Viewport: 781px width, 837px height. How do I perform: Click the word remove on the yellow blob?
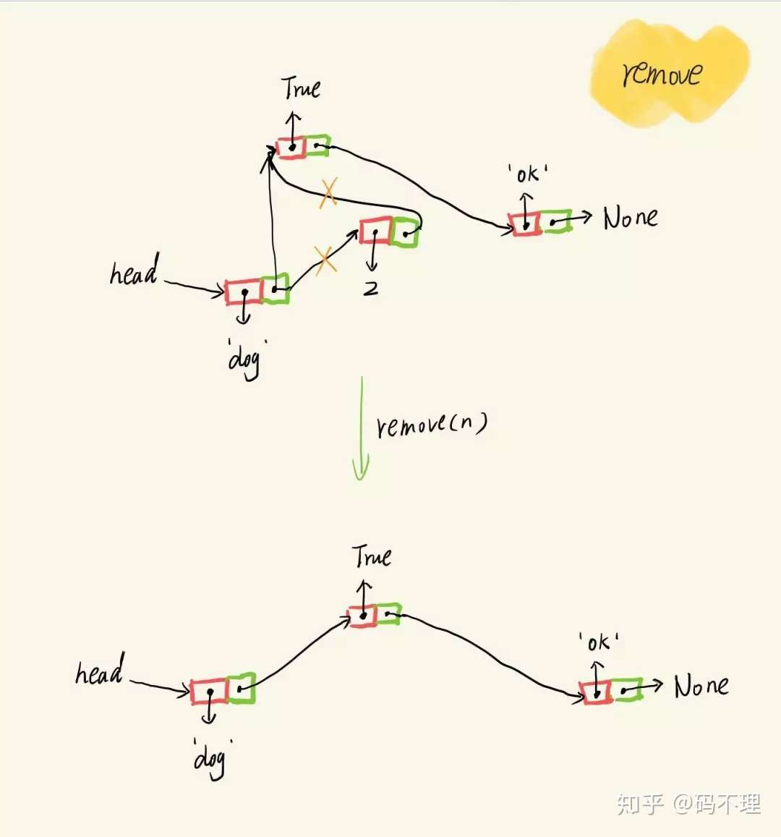[x=661, y=74]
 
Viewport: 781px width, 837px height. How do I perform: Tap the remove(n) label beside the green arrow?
[x=432, y=424]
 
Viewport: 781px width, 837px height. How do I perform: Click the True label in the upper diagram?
[x=301, y=88]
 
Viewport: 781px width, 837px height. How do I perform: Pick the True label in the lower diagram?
[x=372, y=556]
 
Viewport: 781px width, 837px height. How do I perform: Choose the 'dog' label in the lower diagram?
[x=210, y=757]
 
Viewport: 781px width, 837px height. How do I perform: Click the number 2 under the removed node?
[x=370, y=289]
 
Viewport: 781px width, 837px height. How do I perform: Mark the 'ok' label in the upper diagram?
[x=527, y=174]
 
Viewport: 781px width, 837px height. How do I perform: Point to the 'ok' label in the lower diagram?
[x=598, y=642]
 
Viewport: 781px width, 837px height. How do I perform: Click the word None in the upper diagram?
[x=631, y=217]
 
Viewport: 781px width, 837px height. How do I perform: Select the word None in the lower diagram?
[x=701, y=686]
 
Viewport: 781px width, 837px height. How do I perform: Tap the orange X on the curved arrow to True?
[x=328, y=192]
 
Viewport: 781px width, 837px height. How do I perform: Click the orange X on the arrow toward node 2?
[x=325, y=260]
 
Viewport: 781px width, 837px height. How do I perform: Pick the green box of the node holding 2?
[x=406, y=231]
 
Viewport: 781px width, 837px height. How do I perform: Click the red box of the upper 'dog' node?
[x=244, y=292]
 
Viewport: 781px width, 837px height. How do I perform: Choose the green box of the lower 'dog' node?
[x=241, y=689]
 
